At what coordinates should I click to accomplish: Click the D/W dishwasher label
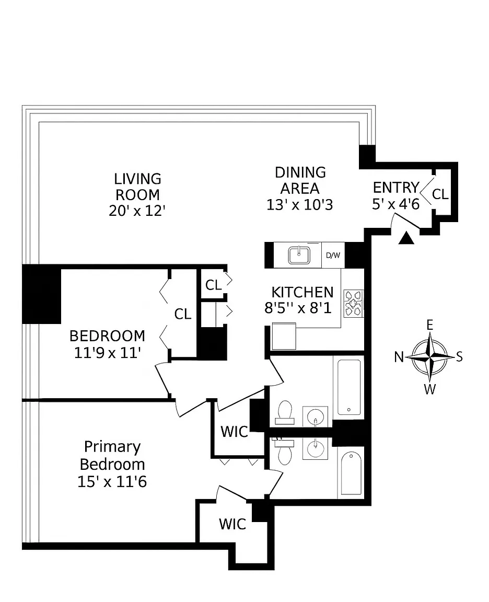click(333, 256)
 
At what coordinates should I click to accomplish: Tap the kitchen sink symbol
click(299, 255)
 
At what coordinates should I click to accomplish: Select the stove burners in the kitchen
click(353, 303)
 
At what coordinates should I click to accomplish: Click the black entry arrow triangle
click(406, 238)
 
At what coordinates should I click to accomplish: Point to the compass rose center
click(430, 357)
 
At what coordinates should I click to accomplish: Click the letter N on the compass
click(399, 357)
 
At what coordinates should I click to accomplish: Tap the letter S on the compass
click(459, 357)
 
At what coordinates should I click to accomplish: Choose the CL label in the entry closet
click(440, 194)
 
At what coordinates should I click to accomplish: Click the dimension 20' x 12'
click(137, 211)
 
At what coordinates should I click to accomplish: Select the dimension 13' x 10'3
click(300, 205)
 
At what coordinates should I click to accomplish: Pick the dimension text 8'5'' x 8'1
click(298, 308)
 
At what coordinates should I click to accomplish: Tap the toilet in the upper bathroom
click(285, 413)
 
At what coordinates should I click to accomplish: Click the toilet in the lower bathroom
click(284, 451)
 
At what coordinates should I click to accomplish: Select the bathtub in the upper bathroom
click(350, 387)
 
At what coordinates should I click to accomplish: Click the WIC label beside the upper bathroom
click(234, 432)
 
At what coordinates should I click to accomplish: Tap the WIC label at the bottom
click(232, 524)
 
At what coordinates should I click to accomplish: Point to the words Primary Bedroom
click(112, 456)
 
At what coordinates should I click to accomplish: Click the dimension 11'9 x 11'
click(108, 353)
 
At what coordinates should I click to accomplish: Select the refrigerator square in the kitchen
click(284, 337)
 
